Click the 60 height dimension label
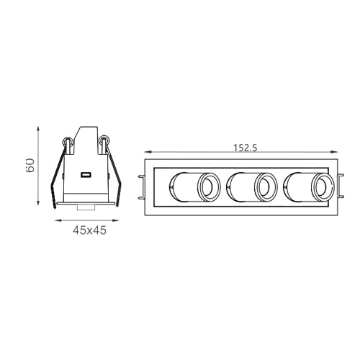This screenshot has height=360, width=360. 30,166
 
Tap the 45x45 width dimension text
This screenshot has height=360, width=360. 89,230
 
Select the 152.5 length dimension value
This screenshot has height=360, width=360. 246,148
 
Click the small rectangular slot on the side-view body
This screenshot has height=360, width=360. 86,175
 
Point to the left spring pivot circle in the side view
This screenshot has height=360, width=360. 68,142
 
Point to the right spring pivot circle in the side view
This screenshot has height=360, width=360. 104,140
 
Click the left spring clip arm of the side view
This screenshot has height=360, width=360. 58,178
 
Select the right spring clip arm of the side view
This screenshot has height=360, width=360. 114,176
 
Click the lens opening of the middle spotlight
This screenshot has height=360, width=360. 266,187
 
